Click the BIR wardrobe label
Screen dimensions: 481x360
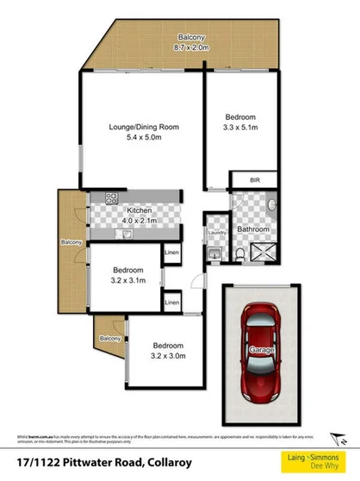pos(254,180)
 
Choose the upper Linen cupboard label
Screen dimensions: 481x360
pos(172,252)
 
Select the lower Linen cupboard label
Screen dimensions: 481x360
pos(172,303)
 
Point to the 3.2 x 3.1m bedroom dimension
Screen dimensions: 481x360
pos(128,280)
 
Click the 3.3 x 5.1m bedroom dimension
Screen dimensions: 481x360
pos(240,127)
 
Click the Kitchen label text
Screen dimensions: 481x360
pos(139,209)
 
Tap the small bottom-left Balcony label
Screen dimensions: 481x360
pos(109,339)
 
